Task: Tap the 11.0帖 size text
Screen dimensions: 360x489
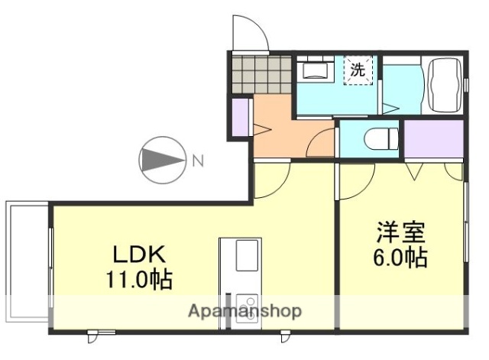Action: (138, 278)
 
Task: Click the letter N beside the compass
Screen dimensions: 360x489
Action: (197, 161)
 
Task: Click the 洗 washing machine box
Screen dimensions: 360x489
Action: (358, 71)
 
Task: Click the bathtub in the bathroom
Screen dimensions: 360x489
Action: (444, 83)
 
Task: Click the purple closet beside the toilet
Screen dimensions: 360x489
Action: (433, 139)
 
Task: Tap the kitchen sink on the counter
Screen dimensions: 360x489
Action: (246, 255)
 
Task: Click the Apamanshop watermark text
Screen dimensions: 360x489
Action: (244, 311)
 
